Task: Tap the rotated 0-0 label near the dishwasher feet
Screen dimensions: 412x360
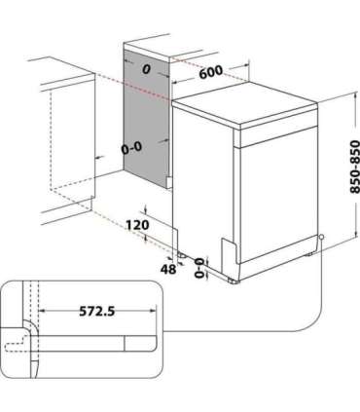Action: [x=201, y=269]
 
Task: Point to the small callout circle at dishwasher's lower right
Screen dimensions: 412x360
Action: [x=321, y=239]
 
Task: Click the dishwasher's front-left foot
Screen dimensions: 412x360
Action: [x=233, y=279]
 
